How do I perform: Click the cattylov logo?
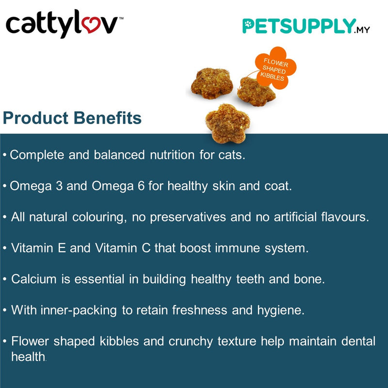(x=62, y=25)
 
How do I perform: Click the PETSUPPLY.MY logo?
(x=306, y=27)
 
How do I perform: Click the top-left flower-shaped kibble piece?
(x=208, y=82)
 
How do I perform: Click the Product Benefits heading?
(x=72, y=118)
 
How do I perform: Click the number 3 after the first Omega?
(x=58, y=186)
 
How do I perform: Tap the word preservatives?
(x=188, y=217)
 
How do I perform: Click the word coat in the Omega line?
(x=279, y=186)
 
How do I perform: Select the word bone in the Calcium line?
(x=311, y=279)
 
